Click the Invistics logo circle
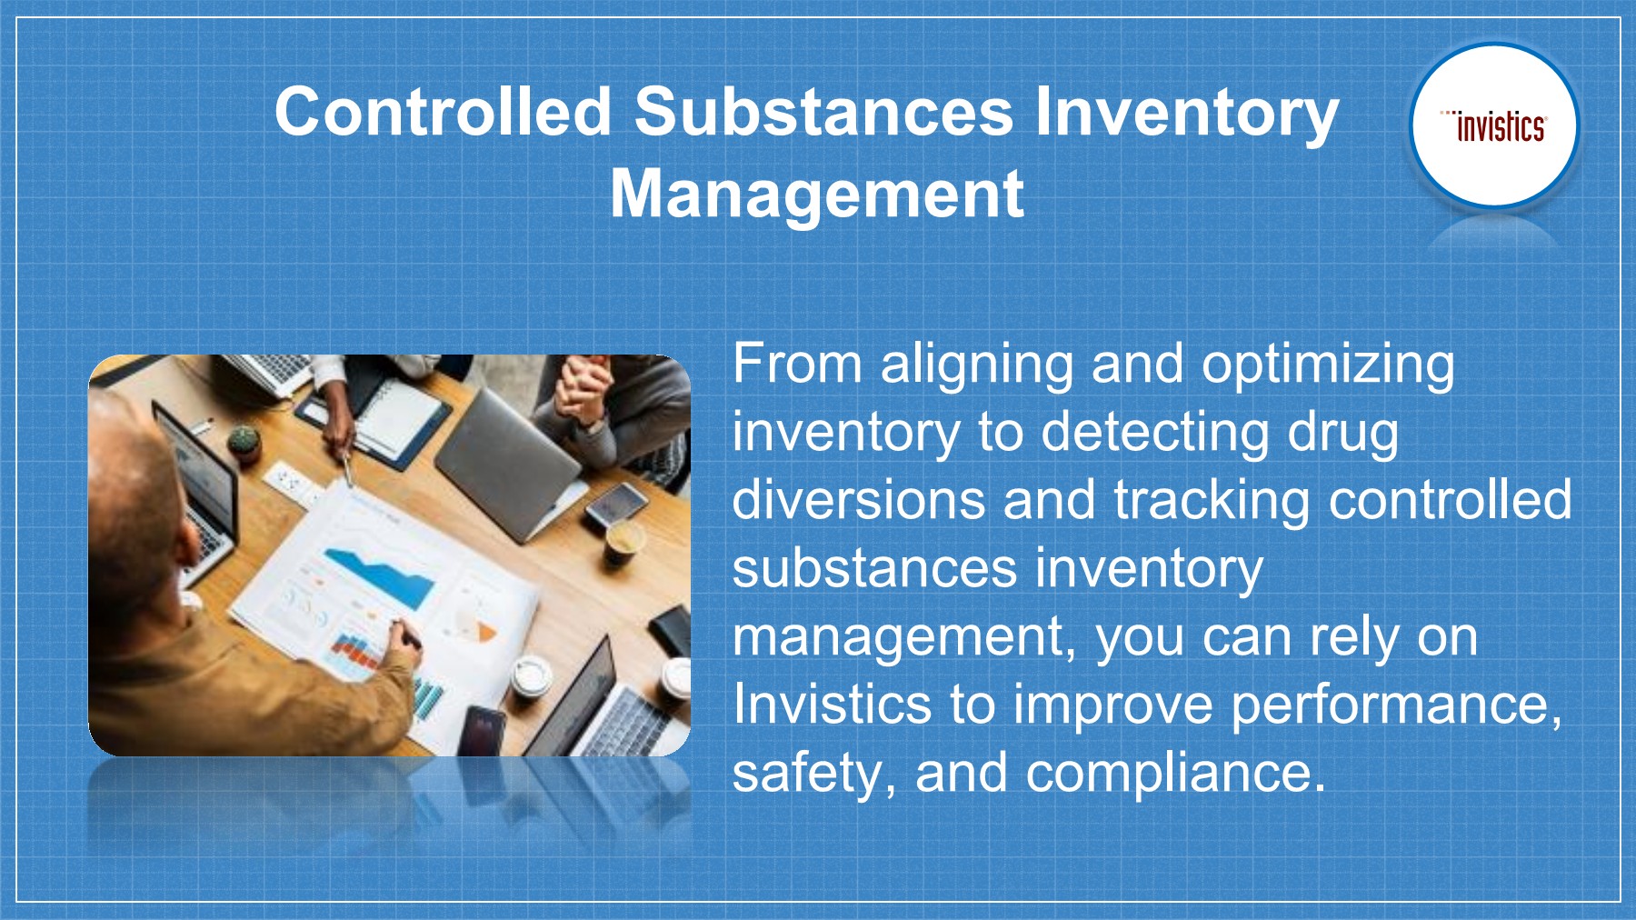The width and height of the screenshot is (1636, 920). pyautogui.click(x=1494, y=126)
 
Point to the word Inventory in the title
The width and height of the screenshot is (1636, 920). pyautogui.click(x=1186, y=114)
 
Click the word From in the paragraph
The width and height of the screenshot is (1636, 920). pyautogui.click(x=796, y=364)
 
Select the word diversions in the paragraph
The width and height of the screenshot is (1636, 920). pyautogui.click(x=858, y=500)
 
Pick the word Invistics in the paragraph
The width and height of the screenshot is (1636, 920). pyautogui.click(x=832, y=704)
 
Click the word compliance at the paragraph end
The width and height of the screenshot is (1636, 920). pyautogui.click(x=1175, y=774)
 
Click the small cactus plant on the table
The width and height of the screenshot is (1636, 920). pyautogui.click(x=243, y=441)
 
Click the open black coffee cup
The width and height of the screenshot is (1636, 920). pyautogui.click(x=623, y=543)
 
